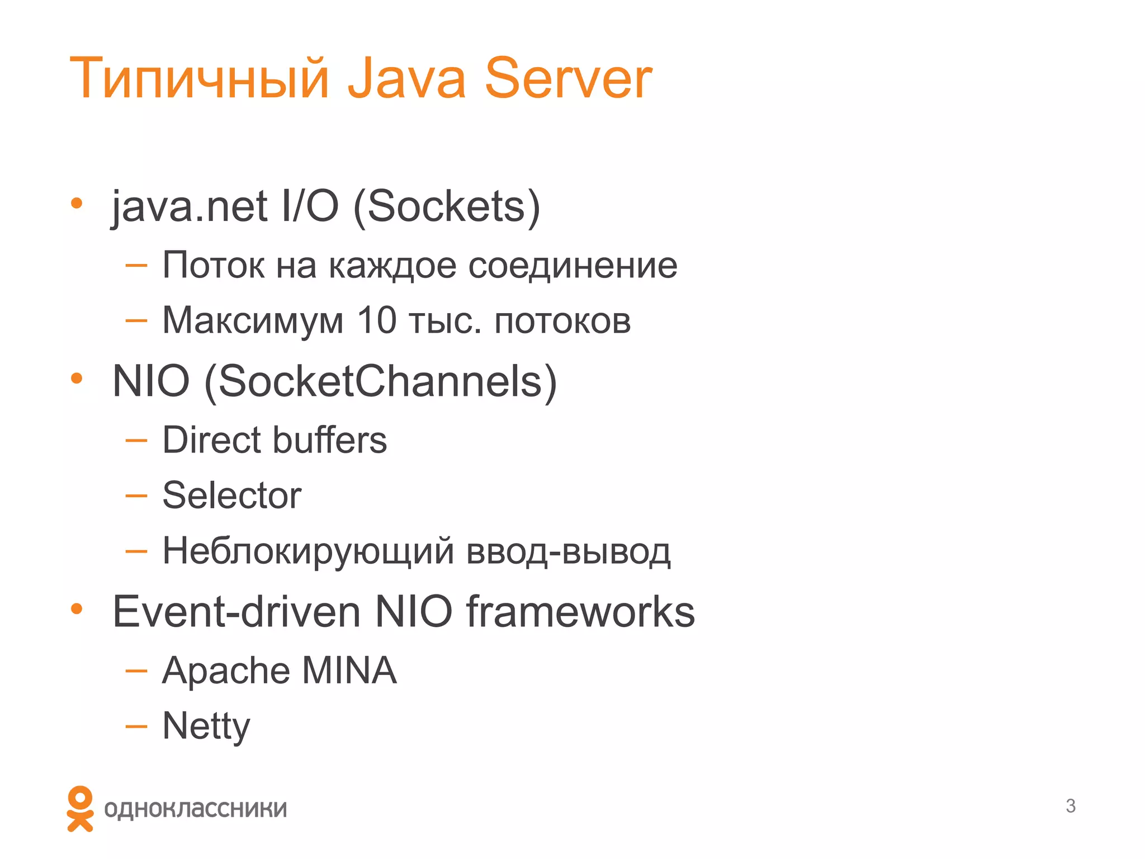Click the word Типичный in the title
[x=198, y=79]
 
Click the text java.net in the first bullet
[x=190, y=207]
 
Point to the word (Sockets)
[x=447, y=207]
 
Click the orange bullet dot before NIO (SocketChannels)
[x=77, y=379]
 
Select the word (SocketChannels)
[x=381, y=381]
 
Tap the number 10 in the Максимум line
[x=376, y=320]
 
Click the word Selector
[x=231, y=495]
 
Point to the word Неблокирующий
[x=307, y=551]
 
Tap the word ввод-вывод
[x=568, y=551]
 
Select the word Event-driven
[x=236, y=612]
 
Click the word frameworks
[x=580, y=612]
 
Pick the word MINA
[x=349, y=670]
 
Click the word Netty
[x=206, y=726]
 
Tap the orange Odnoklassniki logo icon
[x=80, y=809]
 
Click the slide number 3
[x=1070, y=806]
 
